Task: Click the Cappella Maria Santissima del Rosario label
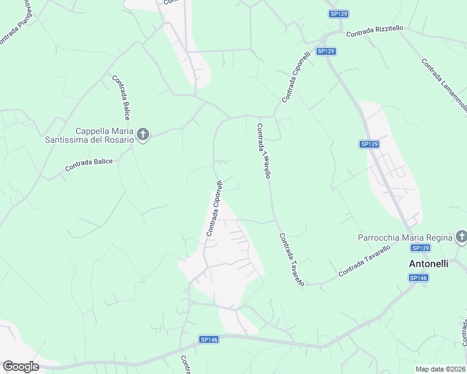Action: point(89,135)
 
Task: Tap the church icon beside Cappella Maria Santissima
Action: point(143,135)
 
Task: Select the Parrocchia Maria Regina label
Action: point(404,237)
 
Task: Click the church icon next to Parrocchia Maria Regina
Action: point(461,237)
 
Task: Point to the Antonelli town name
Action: point(428,264)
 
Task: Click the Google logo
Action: point(21,367)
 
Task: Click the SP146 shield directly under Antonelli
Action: point(418,277)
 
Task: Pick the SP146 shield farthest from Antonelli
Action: point(209,339)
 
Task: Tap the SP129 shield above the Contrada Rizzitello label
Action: point(339,14)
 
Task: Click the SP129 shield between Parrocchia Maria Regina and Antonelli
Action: point(421,248)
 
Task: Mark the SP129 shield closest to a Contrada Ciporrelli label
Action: point(325,51)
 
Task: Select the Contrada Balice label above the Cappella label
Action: point(121,97)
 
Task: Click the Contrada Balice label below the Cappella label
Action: point(89,165)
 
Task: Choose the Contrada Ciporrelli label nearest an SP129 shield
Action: point(296,77)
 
